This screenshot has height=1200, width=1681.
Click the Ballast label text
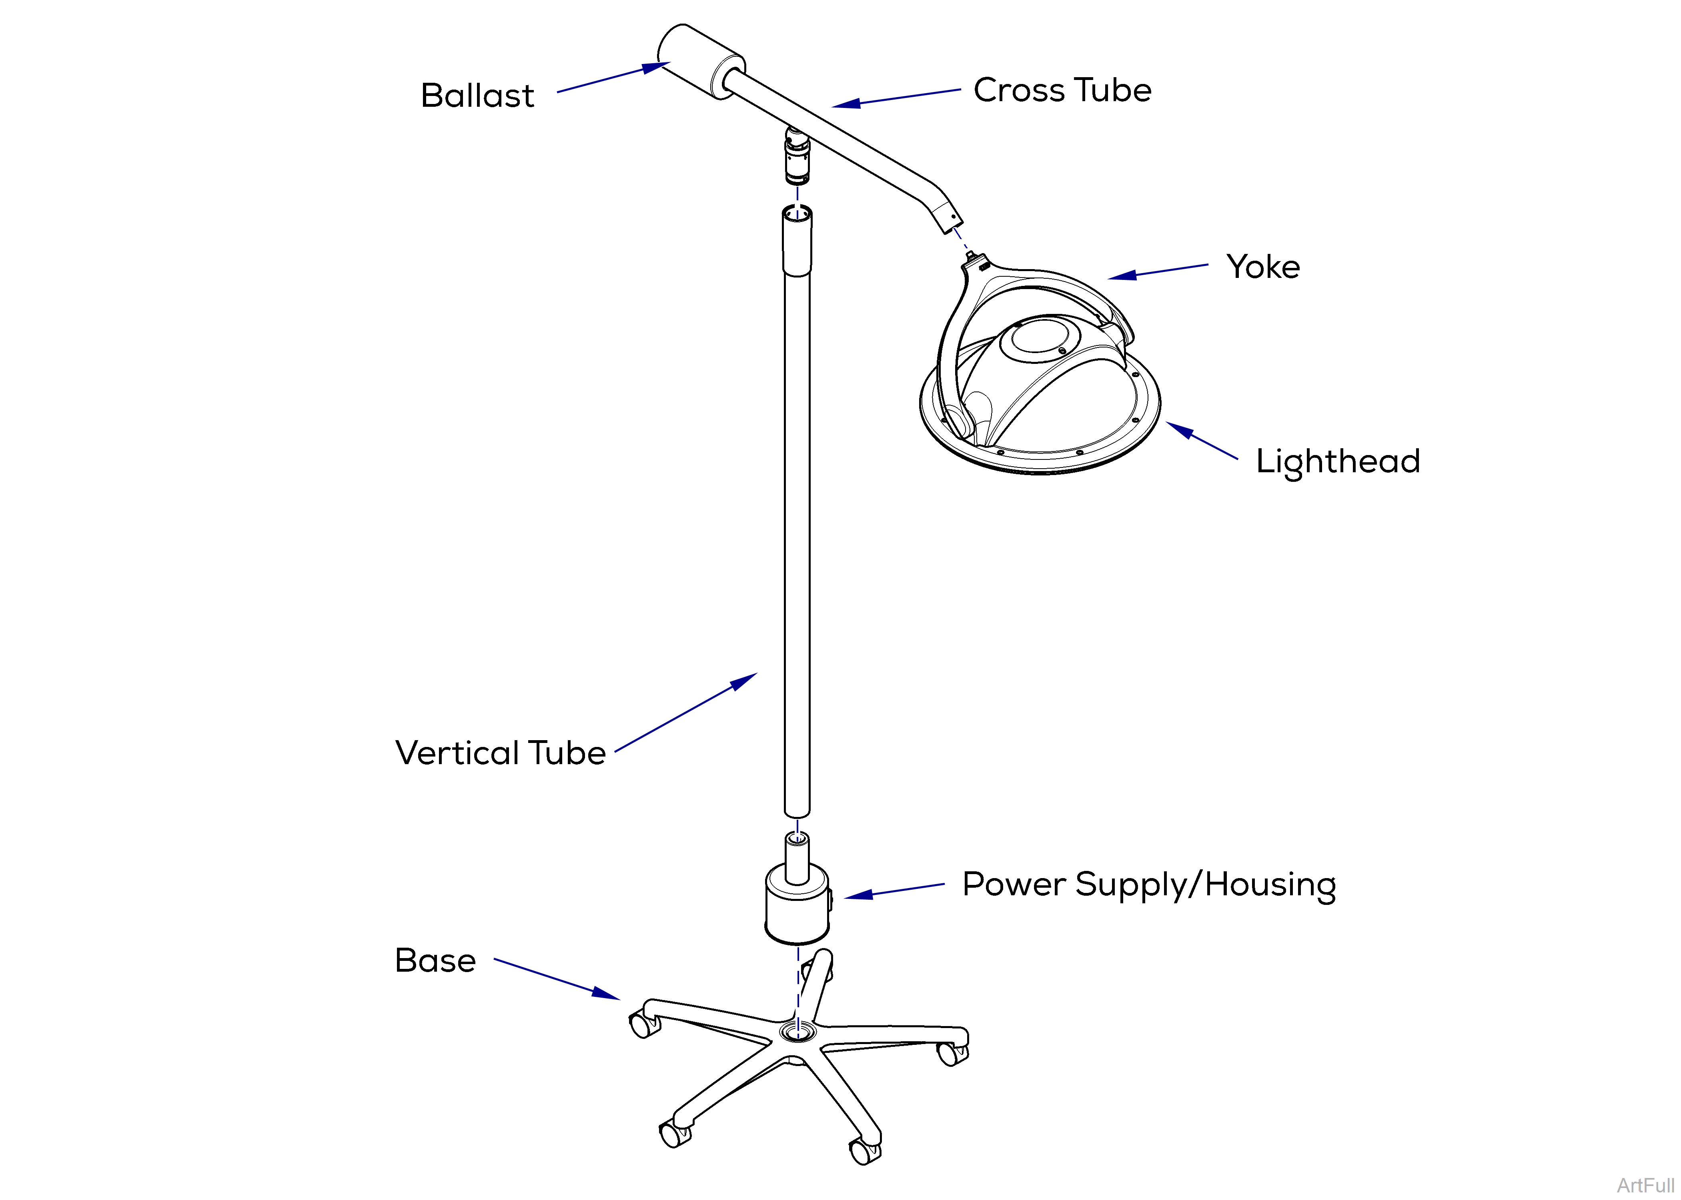click(477, 96)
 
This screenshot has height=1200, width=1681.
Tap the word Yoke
click(1262, 267)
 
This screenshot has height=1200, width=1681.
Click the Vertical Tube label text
click(501, 753)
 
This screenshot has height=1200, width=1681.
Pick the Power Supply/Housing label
click(1149, 885)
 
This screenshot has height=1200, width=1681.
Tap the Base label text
click(435, 960)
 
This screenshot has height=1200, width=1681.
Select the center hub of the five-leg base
click(797, 1031)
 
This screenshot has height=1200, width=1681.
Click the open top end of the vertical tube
click(797, 214)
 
